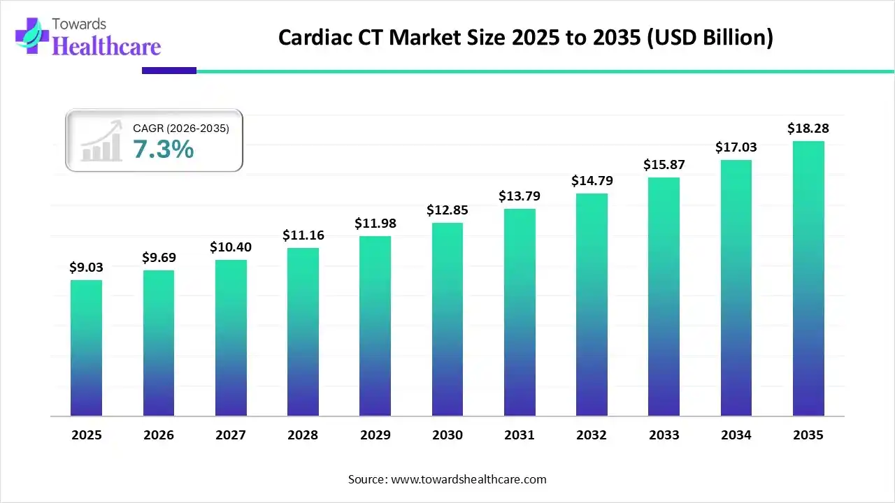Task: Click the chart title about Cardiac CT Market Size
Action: (x=525, y=37)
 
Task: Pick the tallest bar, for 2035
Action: (x=808, y=279)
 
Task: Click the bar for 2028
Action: (x=303, y=332)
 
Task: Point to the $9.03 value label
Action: (x=86, y=267)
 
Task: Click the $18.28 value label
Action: (x=808, y=129)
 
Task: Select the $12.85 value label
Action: (x=447, y=210)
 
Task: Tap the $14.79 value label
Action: (x=592, y=180)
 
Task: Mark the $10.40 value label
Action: (x=231, y=247)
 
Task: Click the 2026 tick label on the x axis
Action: (x=159, y=435)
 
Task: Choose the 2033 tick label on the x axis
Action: (x=664, y=435)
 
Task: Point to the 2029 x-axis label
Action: (x=375, y=435)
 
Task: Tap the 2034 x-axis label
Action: (x=736, y=435)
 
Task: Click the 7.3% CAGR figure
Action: (x=163, y=149)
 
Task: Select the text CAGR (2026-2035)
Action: (x=180, y=128)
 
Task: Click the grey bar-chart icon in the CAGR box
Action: (x=101, y=143)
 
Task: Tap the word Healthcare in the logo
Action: (x=106, y=46)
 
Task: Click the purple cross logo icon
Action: (x=32, y=36)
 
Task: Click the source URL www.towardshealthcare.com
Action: (x=467, y=479)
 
